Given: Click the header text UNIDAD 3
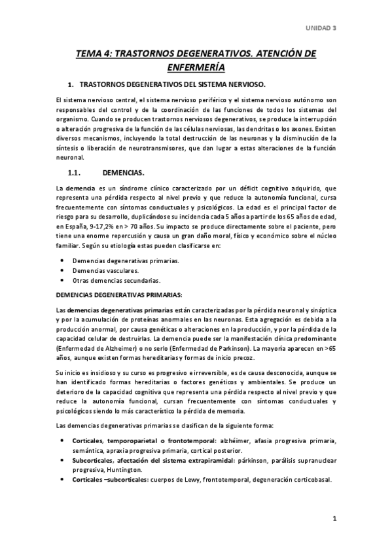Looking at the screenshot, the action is (321, 28).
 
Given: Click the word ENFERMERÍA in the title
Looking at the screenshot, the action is (196, 67).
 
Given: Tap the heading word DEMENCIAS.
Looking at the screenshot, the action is (124, 173).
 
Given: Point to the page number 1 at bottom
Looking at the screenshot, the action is (334, 520).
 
